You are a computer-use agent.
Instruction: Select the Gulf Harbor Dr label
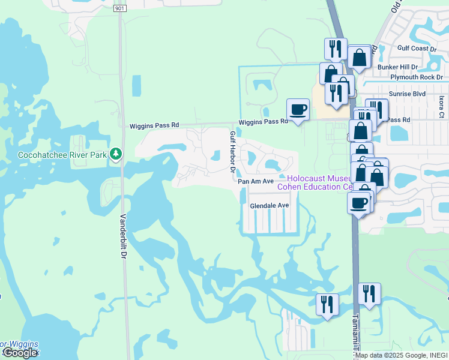tap(232, 152)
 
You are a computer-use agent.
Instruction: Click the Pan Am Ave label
tap(256, 181)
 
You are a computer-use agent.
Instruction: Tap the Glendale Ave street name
tap(270, 205)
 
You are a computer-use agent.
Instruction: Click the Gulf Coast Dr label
tap(411, 48)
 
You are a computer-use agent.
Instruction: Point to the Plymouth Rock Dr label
tap(416, 77)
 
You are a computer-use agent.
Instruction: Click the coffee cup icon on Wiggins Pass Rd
tap(298, 109)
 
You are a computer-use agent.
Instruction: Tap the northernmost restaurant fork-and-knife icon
tap(336, 49)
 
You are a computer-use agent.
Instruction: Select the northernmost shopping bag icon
tap(360, 58)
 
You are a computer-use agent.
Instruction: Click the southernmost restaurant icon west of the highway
tap(327, 304)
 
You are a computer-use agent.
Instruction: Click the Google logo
tap(19, 353)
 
